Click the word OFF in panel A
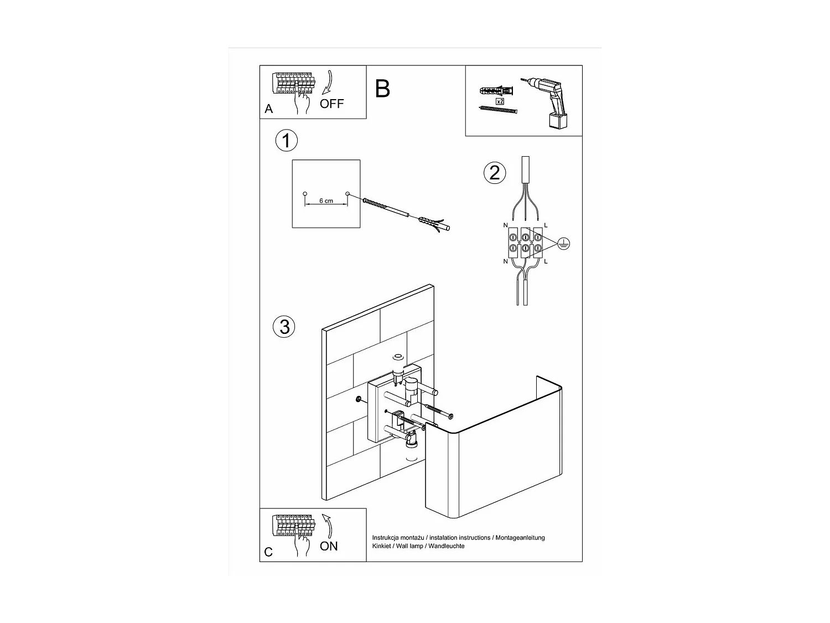pyautogui.click(x=331, y=104)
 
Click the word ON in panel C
pyautogui.click(x=329, y=546)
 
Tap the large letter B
pyautogui.click(x=382, y=89)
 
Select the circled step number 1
pyautogui.click(x=286, y=141)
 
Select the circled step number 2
pyautogui.click(x=495, y=173)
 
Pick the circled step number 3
pyautogui.click(x=284, y=327)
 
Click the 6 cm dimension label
pyautogui.click(x=326, y=201)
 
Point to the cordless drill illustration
pyautogui.click(x=547, y=103)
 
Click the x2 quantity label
pyautogui.click(x=500, y=101)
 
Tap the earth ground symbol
pyautogui.click(x=564, y=244)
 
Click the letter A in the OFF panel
pyautogui.click(x=268, y=109)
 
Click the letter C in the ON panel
pyautogui.click(x=268, y=552)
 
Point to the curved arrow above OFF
pyautogui.click(x=329, y=83)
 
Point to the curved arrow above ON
pyautogui.click(x=328, y=526)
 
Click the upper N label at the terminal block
pyautogui.click(x=505, y=225)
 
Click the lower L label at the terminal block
pyautogui.click(x=546, y=261)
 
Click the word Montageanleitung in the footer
pyautogui.click(x=520, y=538)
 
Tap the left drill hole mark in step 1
pyautogui.click(x=305, y=194)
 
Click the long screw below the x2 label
pyautogui.click(x=497, y=110)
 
